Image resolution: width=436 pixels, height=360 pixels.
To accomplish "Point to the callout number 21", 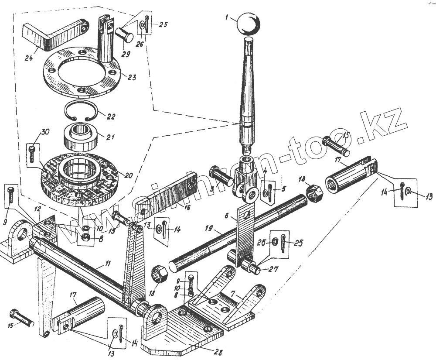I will click(x=110, y=137).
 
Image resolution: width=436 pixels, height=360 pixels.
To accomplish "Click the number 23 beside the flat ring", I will click(x=132, y=77).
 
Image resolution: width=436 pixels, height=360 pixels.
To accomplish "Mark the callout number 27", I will click(x=273, y=269).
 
